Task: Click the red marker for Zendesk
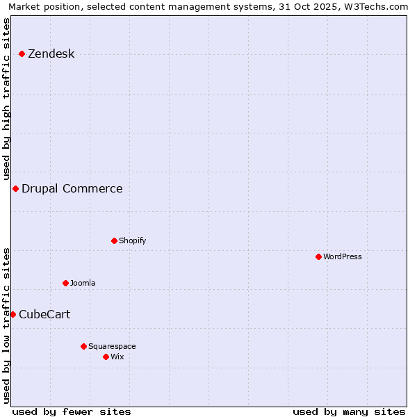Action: click(x=22, y=54)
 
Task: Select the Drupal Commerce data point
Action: click(x=15, y=189)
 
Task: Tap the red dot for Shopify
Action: click(x=114, y=240)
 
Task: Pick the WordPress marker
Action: click(x=318, y=256)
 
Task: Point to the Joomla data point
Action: click(x=65, y=283)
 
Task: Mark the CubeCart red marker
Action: click(x=13, y=314)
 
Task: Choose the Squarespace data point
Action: click(x=83, y=346)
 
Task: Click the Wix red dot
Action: click(x=106, y=357)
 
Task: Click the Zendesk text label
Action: click(x=51, y=54)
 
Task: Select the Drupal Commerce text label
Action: click(x=72, y=189)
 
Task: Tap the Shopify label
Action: click(x=132, y=240)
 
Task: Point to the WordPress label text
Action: click(x=342, y=256)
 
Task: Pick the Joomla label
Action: click(x=83, y=283)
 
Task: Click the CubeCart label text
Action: click(x=44, y=315)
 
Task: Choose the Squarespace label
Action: click(x=112, y=346)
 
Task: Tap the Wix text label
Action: click(x=117, y=357)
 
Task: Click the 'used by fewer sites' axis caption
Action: click(x=72, y=411)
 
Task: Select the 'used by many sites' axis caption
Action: click(x=349, y=411)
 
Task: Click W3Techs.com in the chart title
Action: click(x=379, y=6)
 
